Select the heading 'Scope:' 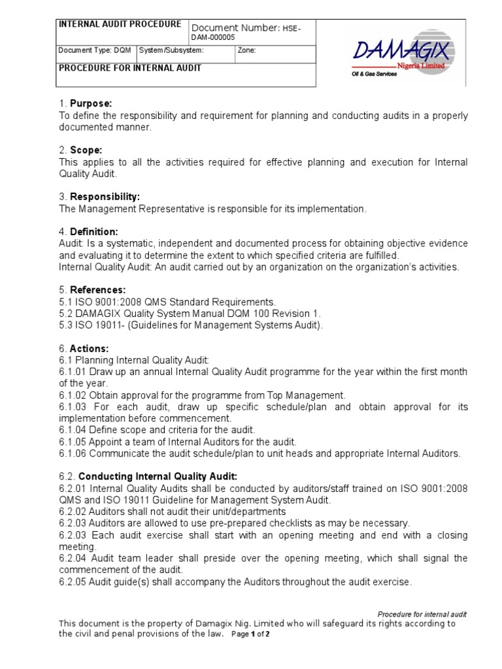click(88, 150)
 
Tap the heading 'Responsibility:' click(105, 197)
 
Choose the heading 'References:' click(98, 289)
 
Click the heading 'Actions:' click(90, 348)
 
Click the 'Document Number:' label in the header click(235, 27)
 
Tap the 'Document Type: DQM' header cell click(95, 50)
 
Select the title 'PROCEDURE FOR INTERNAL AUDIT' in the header click(130, 68)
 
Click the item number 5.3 click(66, 325)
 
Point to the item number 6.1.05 click(73, 442)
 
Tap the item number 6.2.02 click(73, 512)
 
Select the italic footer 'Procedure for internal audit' click(422, 614)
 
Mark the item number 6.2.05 click(73, 581)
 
